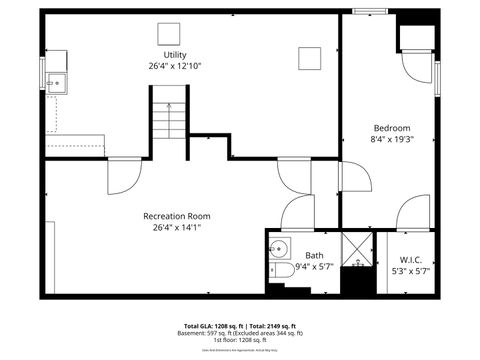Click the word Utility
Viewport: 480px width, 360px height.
click(x=175, y=55)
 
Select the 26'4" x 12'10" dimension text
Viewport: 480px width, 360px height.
click(x=175, y=66)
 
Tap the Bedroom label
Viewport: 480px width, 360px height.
click(x=391, y=128)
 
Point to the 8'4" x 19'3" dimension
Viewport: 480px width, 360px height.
click(x=391, y=140)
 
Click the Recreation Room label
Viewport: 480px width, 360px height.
click(x=176, y=216)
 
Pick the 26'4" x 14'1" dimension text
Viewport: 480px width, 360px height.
click(x=176, y=227)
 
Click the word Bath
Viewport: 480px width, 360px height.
click(x=314, y=256)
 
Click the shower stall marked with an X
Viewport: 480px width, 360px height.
click(x=357, y=251)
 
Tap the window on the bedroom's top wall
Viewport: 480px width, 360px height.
click(x=370, y=11)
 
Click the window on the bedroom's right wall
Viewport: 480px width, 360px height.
click(x=437, y=77)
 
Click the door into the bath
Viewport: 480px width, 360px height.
click(x=297, y=212)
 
